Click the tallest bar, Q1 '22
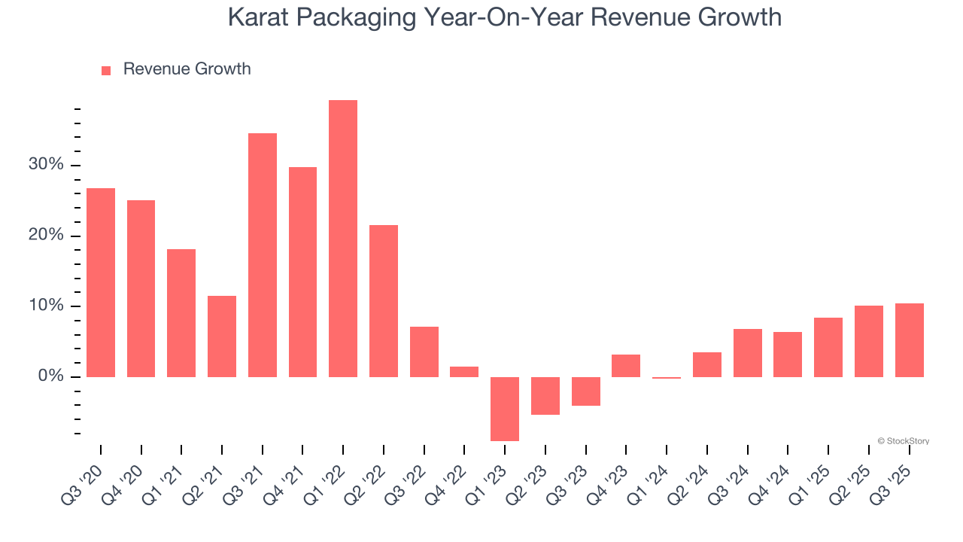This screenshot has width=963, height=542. click(x=343, y=239)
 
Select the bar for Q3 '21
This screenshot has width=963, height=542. click(x=263, y=255)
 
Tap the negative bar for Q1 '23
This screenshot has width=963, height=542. click(x=505, y=409)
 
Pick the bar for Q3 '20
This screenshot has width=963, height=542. click(x=101, y=282)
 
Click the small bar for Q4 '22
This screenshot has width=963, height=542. click(x=464, y=372)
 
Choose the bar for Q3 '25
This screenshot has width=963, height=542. click(x=909, y=340)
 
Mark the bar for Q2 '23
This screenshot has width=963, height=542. click(x=545, y=395)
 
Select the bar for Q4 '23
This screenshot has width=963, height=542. click(x=626, y=366)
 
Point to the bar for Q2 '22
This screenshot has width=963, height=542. click(x=384, y=301)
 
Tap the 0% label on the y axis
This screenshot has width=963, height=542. click(x=53, y=376)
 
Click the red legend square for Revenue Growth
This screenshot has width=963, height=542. click(x=106, y=70)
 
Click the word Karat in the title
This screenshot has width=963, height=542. click(x=256, y=17)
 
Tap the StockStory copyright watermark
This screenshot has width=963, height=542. click(x=903, y=441)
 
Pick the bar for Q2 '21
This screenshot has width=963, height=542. click(x=222, y=336)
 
